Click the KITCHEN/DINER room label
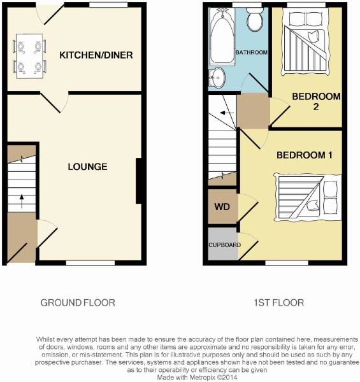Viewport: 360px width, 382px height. [x=96, y=55]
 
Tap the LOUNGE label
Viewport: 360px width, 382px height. [x=87, y=167]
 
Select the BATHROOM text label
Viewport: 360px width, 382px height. [x=250, y=52]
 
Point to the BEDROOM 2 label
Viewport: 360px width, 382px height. [x=316, y=102]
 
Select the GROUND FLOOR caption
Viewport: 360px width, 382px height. [x=78, y=303]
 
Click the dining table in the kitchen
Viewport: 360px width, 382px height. [x=29, y=55]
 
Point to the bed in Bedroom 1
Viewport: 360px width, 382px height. [x=308, y=196]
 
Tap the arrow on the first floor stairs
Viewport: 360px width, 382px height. [x=222, y=113]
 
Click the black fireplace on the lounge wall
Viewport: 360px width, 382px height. [x=139, y=181]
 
